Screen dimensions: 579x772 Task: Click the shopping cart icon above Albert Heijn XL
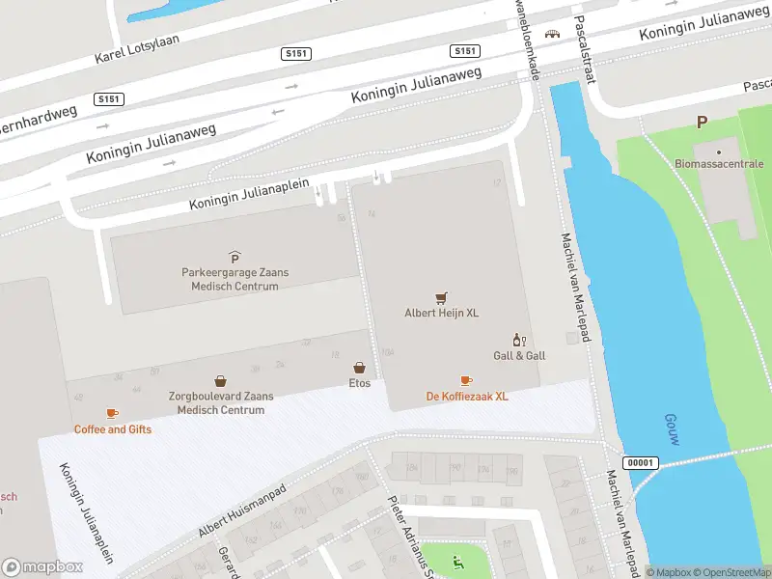point(441,297)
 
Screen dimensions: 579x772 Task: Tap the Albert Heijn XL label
point(441,313)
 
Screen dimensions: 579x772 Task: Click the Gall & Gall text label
point(519,356)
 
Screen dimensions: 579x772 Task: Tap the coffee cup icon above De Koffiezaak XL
point(466,380)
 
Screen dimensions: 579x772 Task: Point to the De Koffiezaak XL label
point(467,397)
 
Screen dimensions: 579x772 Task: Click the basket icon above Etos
point(359,368)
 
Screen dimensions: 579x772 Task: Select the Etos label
point(359,383)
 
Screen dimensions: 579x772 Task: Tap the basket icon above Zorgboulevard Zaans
point(221,381)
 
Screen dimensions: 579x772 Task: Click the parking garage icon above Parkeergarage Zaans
point(234,256)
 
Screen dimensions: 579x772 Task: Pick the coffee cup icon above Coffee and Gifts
point(112,413)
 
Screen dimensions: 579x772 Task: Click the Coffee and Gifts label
point(113,429)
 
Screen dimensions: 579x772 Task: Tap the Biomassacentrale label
point(719,164)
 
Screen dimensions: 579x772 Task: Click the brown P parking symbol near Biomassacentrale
point(702,122)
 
